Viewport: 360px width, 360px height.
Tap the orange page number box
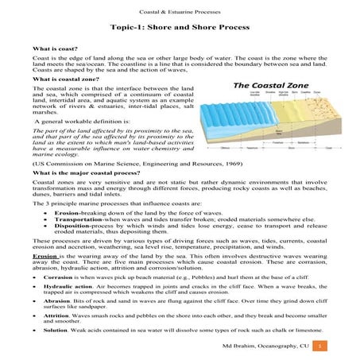point(320,348)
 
